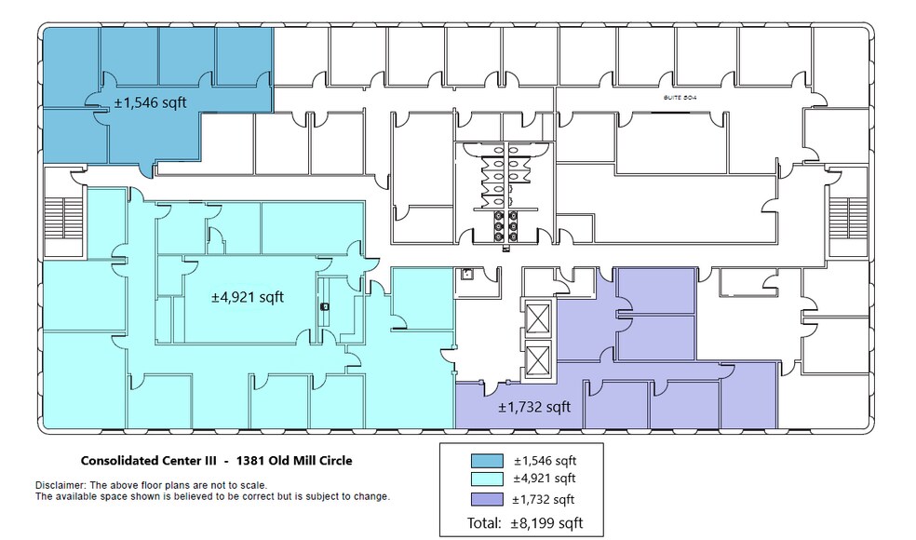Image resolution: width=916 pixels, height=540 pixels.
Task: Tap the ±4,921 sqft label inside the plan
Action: tap(247, 297)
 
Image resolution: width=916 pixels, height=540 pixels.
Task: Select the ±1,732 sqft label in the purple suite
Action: tap(533, 407)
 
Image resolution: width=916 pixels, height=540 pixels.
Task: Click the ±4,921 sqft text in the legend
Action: tap(545, 479)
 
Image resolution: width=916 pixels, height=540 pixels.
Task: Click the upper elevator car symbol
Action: tap(538, 319)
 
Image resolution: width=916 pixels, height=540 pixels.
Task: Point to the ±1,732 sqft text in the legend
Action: tap(545, 499)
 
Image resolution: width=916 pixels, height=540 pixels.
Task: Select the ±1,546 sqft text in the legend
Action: tap(545, 461)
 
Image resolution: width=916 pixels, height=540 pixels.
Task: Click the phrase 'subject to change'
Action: tap(352, 496)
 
